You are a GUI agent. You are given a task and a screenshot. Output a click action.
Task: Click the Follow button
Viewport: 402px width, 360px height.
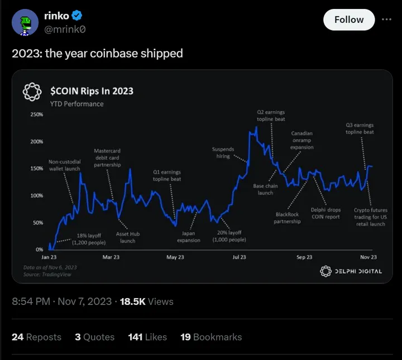coord(349,20)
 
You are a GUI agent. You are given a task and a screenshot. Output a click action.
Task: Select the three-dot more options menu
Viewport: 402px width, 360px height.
coord(386,19)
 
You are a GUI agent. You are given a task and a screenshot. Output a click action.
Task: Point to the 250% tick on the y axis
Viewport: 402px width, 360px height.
coord(36,114)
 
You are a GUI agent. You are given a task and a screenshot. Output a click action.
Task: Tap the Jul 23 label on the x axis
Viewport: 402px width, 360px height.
coord(240,257)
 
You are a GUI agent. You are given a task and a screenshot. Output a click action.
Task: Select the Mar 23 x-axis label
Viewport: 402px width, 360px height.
coord(111,257)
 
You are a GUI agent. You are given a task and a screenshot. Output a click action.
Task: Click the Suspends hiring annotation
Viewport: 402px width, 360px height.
coord(223,152)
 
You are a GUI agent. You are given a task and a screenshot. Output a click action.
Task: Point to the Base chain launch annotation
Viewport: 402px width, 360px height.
coord(265,189)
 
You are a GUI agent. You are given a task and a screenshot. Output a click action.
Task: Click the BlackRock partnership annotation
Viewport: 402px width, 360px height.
coord(287,218)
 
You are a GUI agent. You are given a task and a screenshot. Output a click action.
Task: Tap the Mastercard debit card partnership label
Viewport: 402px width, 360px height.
coord(107,158)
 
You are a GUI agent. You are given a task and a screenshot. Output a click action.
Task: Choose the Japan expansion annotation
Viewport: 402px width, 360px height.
coord(188,237)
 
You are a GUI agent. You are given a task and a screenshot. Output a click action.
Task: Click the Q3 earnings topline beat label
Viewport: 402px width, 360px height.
coord(360,128)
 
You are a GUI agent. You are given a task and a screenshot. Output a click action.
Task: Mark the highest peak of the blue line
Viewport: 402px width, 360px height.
coord(256,127)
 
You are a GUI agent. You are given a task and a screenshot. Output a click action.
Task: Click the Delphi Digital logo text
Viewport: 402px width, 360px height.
coord(351,271)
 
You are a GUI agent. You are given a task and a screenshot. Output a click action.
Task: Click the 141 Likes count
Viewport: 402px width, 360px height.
coord(147,337)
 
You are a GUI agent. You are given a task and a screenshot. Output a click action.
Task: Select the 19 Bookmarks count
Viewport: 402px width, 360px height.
coord(211,337)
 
